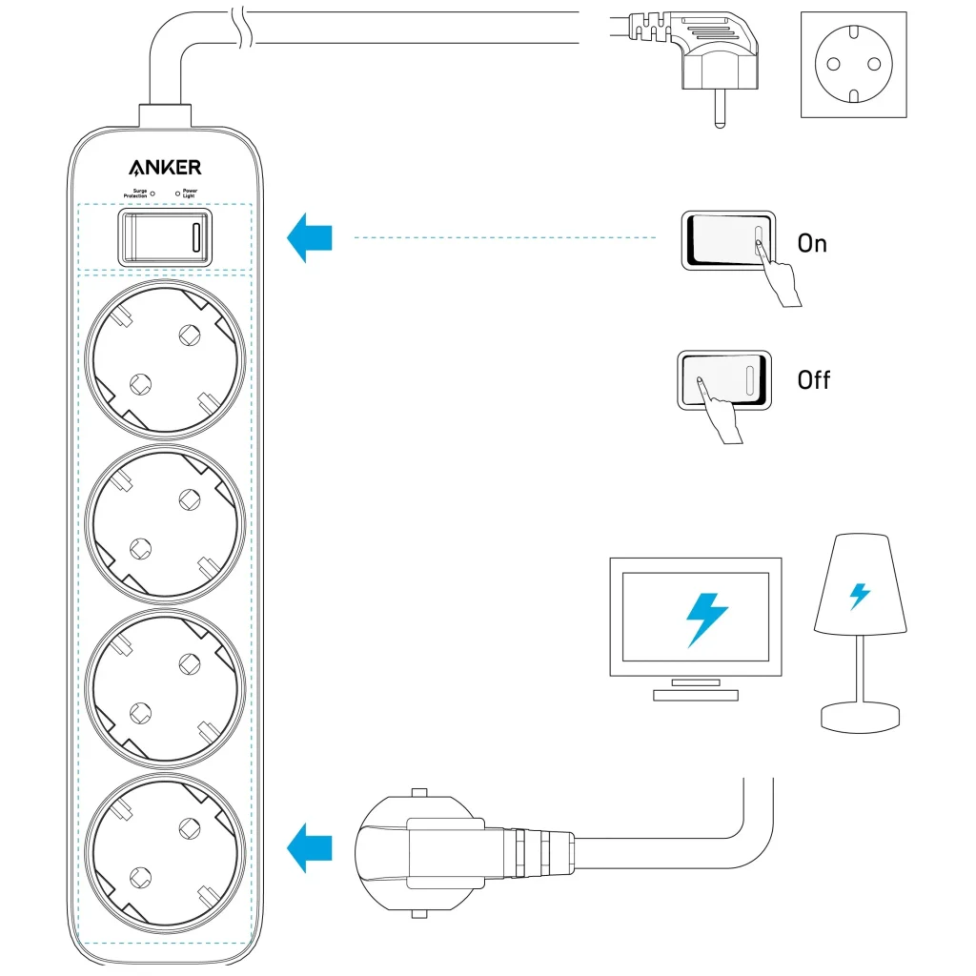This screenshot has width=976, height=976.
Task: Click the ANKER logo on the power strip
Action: click(x=165, y=168)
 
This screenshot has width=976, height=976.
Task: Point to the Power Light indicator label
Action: click(x=189, y=193)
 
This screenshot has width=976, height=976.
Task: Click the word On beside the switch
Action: click(x=812, y=244)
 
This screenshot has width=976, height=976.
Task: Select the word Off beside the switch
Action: click(x=813, y=380)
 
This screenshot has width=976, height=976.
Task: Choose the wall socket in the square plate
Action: click(x=853, y=64)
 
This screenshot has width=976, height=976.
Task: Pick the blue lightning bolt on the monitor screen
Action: click(x=706, y=619)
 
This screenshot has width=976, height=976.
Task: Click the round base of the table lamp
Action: click(x=861, y=716)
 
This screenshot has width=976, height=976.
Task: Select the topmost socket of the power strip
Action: click(x=165, y=359)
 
